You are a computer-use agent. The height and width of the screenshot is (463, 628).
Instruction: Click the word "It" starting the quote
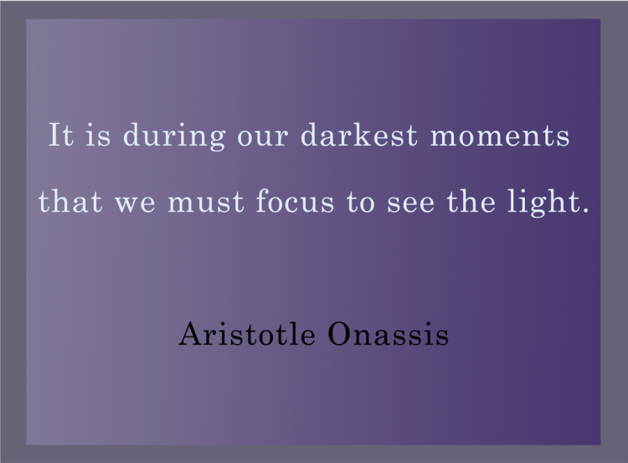click(61, 134)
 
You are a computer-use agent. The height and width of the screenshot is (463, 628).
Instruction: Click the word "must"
click(197, 203)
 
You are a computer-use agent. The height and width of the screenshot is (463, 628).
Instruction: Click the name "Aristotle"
click(248, 335)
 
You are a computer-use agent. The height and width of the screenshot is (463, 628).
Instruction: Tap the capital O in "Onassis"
click(341, 334)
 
